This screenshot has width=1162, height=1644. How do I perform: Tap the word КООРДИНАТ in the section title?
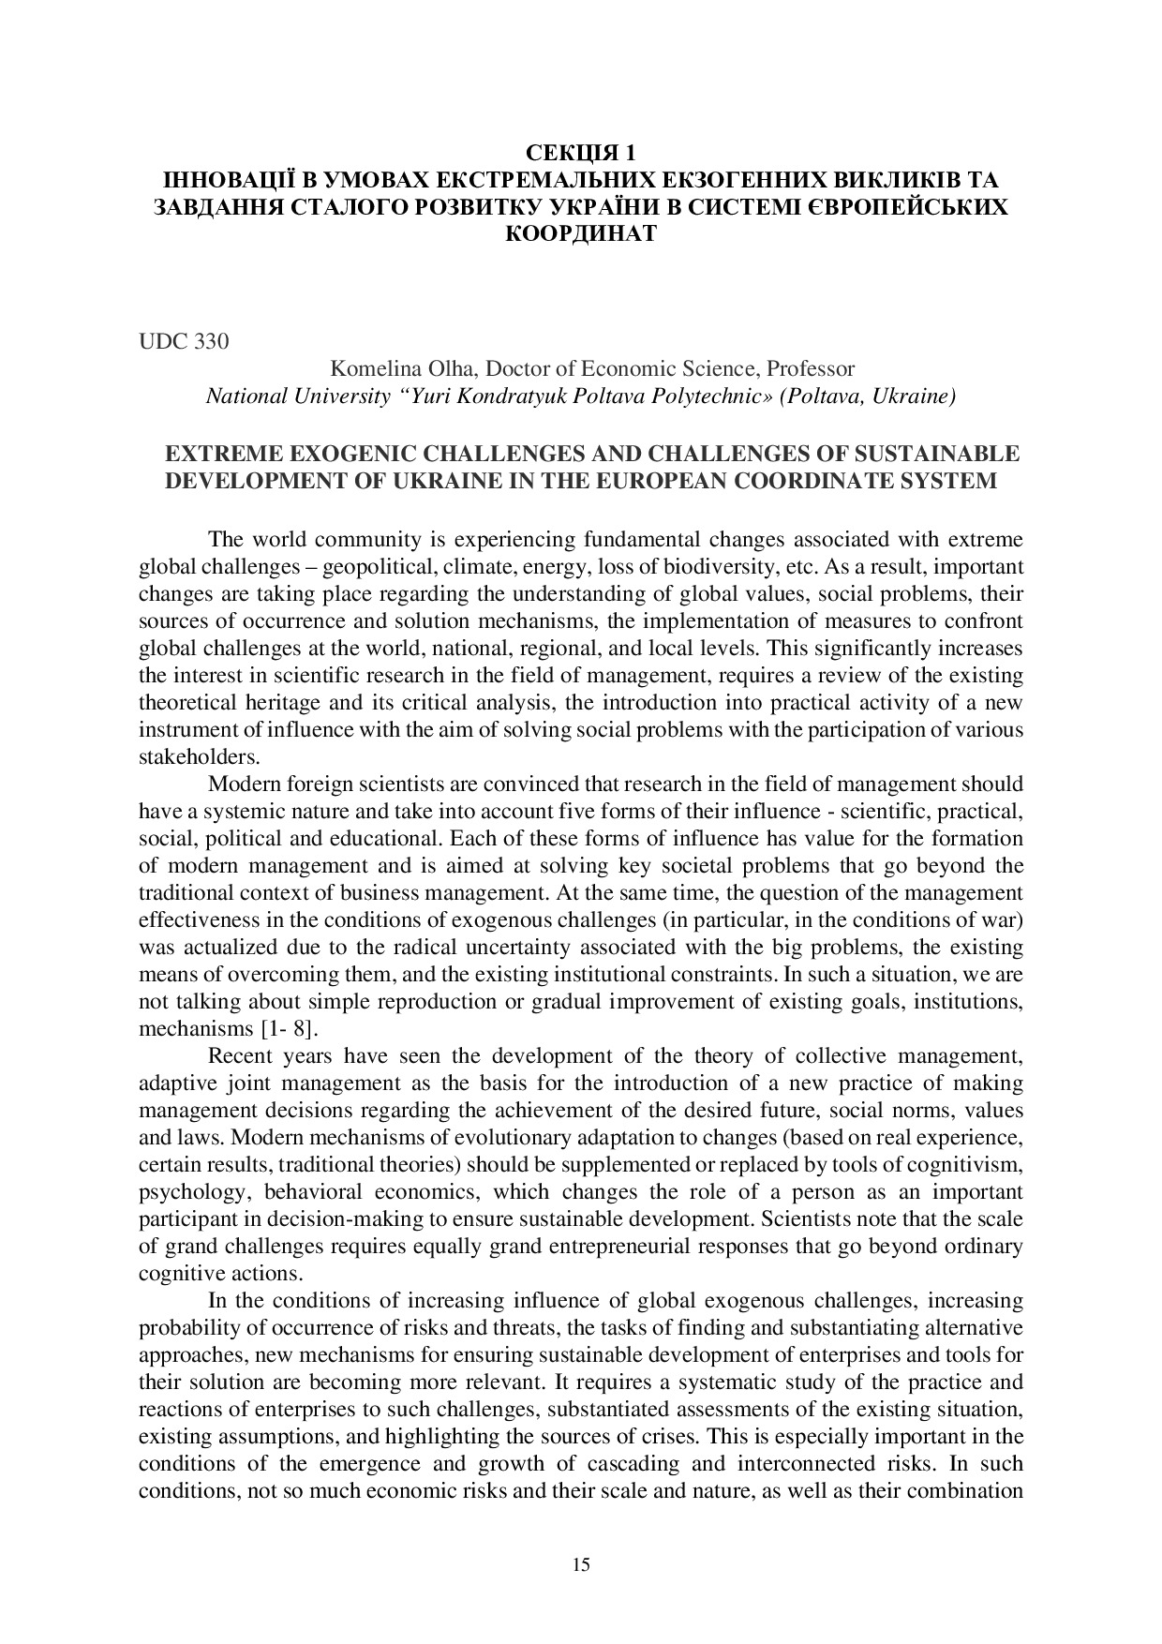[580, 233]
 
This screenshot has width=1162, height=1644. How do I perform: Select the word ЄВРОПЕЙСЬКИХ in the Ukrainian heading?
[906, 206]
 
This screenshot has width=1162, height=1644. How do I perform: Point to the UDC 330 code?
[184, 341]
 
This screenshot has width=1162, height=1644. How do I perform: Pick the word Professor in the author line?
[810, 368]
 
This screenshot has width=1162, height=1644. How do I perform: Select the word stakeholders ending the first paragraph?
[186, 757]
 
